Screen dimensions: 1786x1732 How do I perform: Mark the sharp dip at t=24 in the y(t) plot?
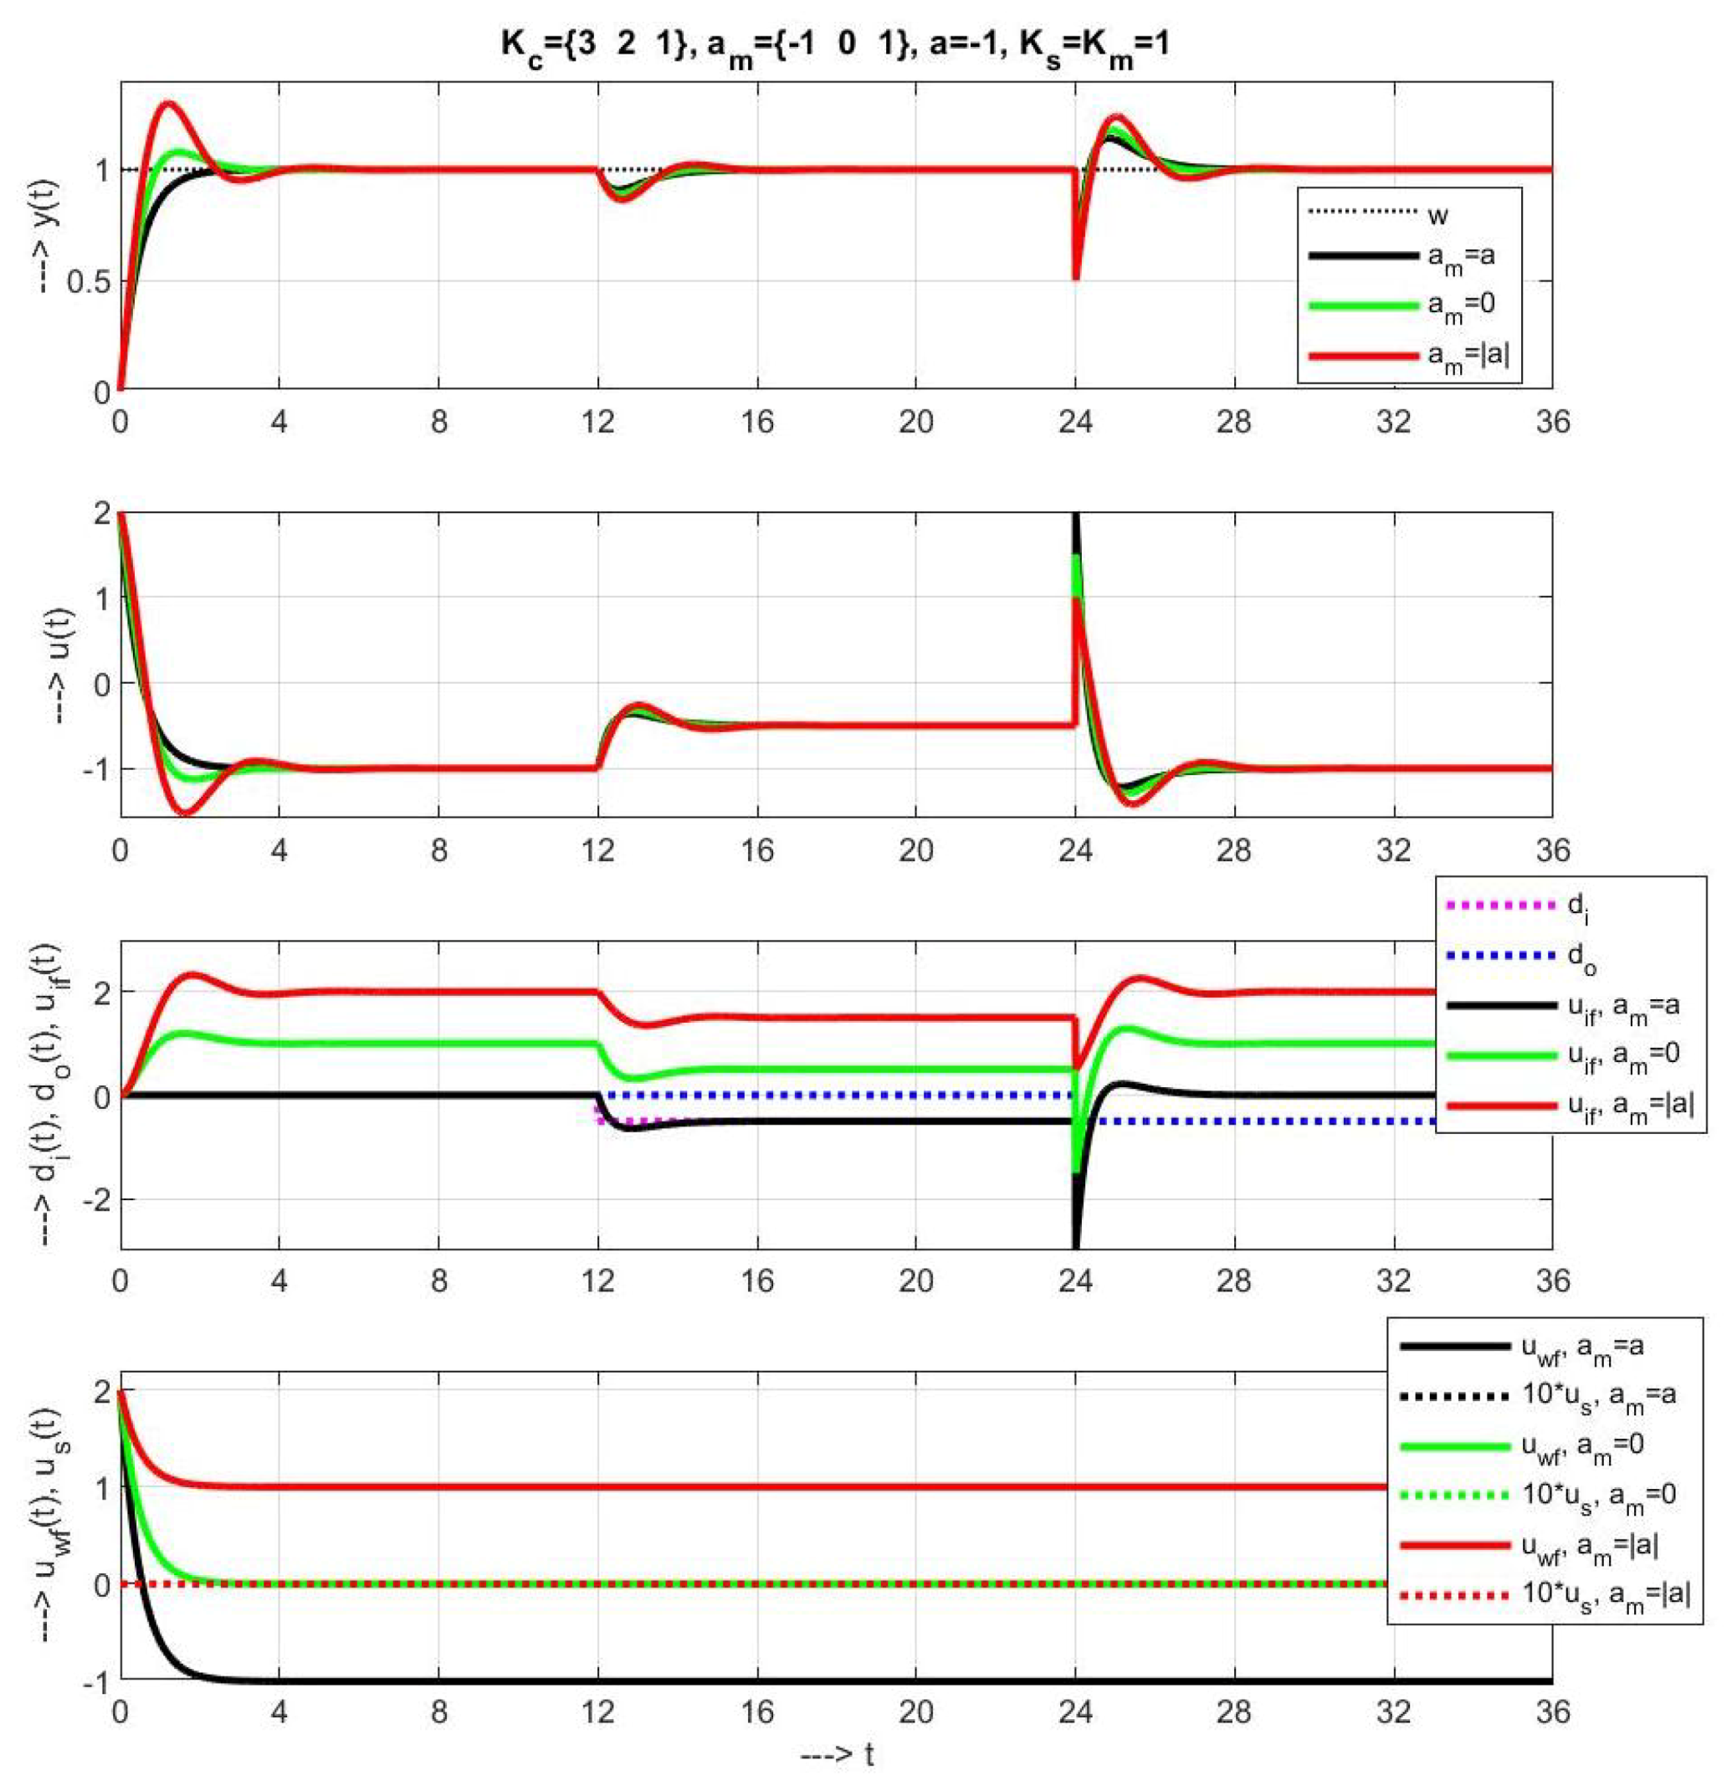pos(1076,277)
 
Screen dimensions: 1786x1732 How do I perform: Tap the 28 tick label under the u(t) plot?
pos(1234,850)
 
